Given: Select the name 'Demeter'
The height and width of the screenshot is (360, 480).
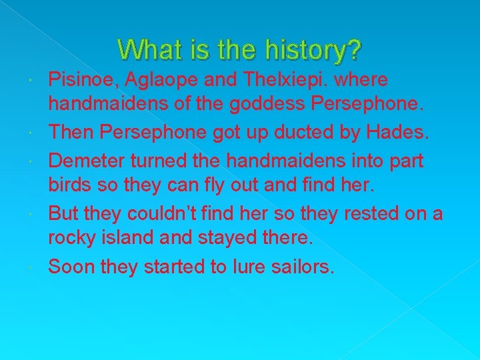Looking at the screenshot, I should coord(83,160).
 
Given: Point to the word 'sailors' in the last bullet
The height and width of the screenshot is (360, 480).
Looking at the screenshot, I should coord(301,267).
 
